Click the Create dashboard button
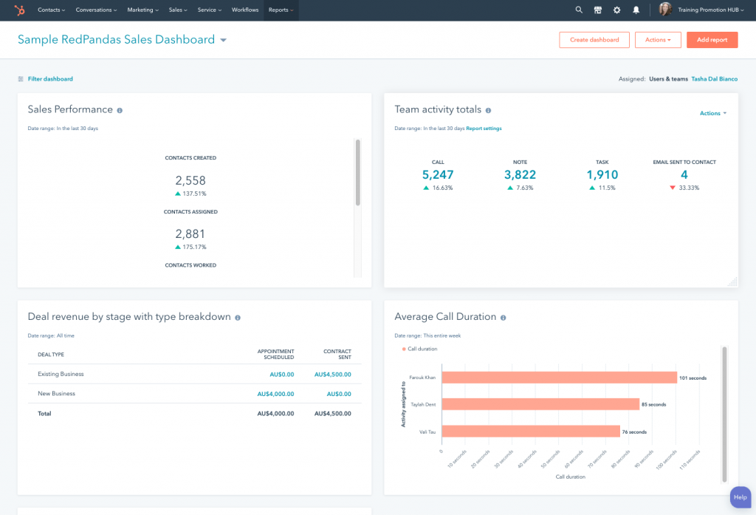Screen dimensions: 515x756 [x=594, y=40]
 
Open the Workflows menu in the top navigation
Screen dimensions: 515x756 [x=245, y=10]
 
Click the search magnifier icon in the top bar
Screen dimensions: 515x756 [x=579, y=10]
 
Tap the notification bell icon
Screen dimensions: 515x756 [x=636, y=10]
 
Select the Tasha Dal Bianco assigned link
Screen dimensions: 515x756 [x=714, y=79]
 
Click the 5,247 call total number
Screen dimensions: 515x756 [x=438, y=175]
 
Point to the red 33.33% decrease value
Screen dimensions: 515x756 [x=688, y=188]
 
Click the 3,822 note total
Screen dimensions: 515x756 [x=520, y=175]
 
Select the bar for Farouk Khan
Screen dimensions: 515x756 [x=559, y=378]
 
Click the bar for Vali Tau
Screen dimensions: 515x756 [x=530, y=432]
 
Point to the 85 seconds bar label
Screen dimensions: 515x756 [x=653, y=405]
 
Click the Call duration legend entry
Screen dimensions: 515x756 [x=422, y=349]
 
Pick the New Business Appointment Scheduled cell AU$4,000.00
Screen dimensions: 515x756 [x=275, y=394]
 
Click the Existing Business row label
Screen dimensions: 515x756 [x=61, y=375]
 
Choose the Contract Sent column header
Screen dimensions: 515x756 [x=337, y=355]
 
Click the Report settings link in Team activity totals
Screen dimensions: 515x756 [x=484, y=129]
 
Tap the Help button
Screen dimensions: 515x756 [x=740, y=497]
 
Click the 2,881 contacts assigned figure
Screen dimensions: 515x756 [x=190, y=234]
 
